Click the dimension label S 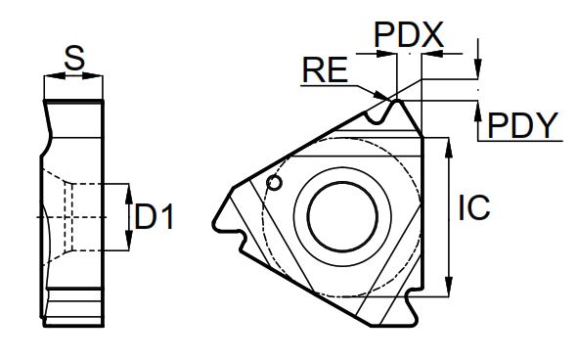[x=74, y=58]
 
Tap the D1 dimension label [x=154, y=217]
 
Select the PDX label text [x=409, y=35]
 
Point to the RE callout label [x=325, y=69]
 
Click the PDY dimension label [x=522, y=125]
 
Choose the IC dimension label [x=474, y=207]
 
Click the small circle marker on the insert [x=274, y=183]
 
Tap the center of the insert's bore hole [x=342, y=217]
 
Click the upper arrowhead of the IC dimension [x=449, y=148]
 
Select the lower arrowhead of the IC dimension [x=449, y=286]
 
